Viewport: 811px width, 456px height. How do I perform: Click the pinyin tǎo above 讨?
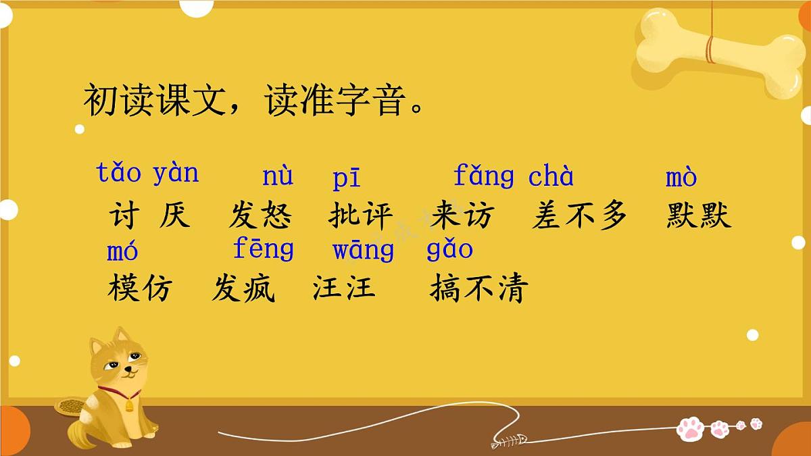119,173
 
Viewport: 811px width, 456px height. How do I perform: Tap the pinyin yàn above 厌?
176,173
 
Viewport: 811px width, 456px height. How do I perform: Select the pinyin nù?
278,176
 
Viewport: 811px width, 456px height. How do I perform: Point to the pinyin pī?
347,178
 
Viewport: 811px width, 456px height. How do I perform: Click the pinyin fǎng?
483,177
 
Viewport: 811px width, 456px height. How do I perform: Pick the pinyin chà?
551,176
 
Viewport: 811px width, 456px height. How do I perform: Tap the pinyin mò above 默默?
681,177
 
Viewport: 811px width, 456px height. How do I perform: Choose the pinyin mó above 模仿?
122,251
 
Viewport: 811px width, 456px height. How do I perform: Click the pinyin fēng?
263,250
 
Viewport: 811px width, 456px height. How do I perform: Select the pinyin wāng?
363,251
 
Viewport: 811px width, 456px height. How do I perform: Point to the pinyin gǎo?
449,250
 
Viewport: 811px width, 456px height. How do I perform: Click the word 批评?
360,216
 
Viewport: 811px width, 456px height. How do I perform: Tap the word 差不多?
579,216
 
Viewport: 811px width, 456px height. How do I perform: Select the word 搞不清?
478,289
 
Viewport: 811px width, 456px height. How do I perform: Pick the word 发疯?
243,289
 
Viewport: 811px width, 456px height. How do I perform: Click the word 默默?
698,216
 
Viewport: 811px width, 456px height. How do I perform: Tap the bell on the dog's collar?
129,404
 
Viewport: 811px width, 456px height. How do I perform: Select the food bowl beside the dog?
72,406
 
